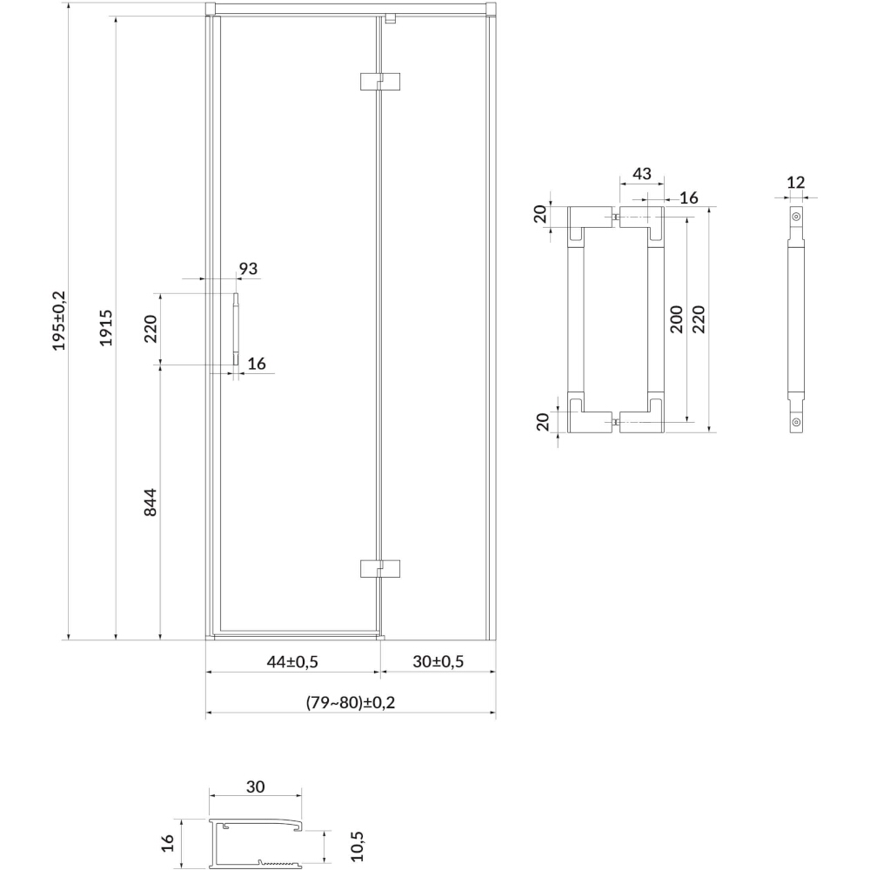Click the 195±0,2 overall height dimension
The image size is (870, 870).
(59, 321)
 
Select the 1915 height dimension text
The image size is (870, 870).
(106, 328)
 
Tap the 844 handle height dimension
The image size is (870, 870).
(151, 503)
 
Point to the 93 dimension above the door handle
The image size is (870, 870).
(248, 269)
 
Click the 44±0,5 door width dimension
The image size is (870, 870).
(292, 661)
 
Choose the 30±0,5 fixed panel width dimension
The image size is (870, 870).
(438, 661)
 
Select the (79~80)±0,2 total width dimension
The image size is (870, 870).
(351, 702)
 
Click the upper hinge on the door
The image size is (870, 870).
(380, 81)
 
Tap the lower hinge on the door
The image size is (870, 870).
(380, 569)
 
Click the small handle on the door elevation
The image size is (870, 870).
(236, 329)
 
